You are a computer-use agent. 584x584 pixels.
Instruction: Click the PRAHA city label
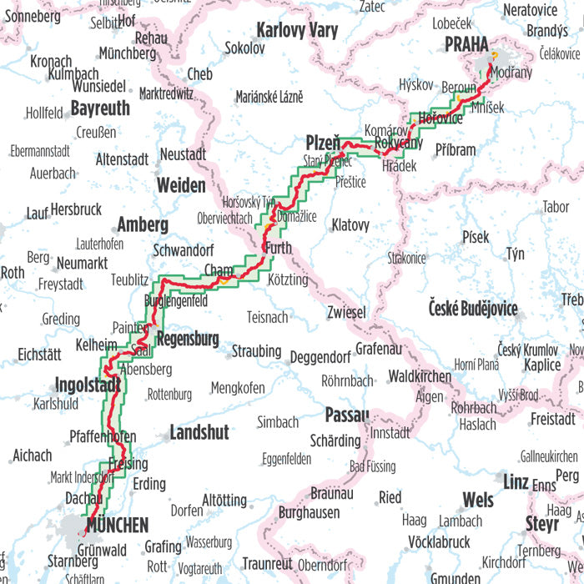(x=467, y=44)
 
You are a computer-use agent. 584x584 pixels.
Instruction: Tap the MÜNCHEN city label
(x=116, y=526)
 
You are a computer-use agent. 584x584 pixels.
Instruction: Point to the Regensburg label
(x=187, y=339)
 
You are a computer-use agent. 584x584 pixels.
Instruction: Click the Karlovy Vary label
(x=297, y=31)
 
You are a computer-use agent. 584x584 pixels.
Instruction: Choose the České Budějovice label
(x=473, y=309)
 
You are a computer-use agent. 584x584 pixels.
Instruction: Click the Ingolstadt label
(x=88, y=385)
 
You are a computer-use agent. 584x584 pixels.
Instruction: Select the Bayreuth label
(x=100, y=108)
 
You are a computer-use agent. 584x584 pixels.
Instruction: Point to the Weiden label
(x=181, y=184)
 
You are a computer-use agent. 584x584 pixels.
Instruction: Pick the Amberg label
(x=143, y=224)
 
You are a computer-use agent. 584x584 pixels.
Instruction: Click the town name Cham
(x=219, y=269)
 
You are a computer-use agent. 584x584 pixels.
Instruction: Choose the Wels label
(x=478, y=501)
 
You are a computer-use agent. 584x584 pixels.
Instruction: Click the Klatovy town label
(x=350, y=224)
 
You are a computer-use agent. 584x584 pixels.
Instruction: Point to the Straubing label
(x=256, y=351)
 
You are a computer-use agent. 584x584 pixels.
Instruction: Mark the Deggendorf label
(x=320, y=357)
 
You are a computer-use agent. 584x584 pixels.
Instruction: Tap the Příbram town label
(x=456, y=150)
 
